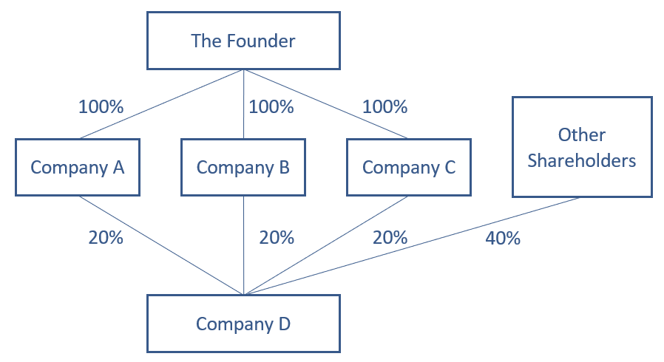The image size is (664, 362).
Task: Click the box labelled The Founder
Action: click(243, 41)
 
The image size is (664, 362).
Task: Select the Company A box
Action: click(77, 167)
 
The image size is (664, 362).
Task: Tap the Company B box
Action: click(243, 167)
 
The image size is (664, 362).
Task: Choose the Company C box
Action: click(409, 167)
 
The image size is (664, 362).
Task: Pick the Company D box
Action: click(243, 324)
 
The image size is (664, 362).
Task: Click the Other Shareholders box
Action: click(582, 147)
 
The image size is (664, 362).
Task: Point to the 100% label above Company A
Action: click(101, 106)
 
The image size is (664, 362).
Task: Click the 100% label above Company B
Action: click(271, 106)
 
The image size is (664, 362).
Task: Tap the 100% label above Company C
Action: click(384, 106)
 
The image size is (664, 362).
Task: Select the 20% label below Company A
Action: click(106, 238)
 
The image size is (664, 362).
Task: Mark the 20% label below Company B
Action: click(277, 238)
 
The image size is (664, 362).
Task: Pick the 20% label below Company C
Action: click(390, 238)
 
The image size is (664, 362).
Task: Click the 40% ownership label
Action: click(503, 239)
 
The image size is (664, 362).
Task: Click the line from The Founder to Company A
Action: click(163, 103)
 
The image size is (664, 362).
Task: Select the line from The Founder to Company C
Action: click(325, 103)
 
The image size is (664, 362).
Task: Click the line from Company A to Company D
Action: click(161, 245)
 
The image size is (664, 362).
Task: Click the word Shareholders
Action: click(582, 160)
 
